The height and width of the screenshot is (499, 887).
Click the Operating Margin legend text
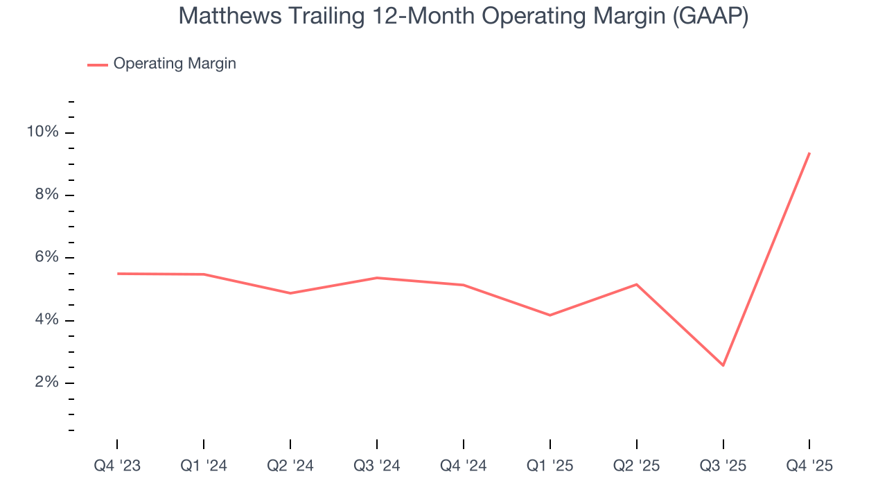[175, 64]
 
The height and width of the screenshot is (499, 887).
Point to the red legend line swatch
[97, 64]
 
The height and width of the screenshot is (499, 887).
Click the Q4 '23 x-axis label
[117, 466]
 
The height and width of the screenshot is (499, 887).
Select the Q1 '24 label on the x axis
[204, 466]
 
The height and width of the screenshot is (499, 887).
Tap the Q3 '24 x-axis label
[377, 466]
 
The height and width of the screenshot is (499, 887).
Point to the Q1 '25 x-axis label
[550, 466]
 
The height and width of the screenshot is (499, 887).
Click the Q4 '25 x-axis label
[809, 466]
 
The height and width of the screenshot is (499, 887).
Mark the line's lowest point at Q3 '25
[723, 365]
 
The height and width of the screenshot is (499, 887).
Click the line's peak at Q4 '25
[809, 152]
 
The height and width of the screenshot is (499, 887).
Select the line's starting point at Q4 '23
[117, 274]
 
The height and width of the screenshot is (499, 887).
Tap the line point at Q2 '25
[636, 284]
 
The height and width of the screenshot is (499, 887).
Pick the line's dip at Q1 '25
[550, 315]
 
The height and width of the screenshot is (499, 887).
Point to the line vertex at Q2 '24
[290, 293]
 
